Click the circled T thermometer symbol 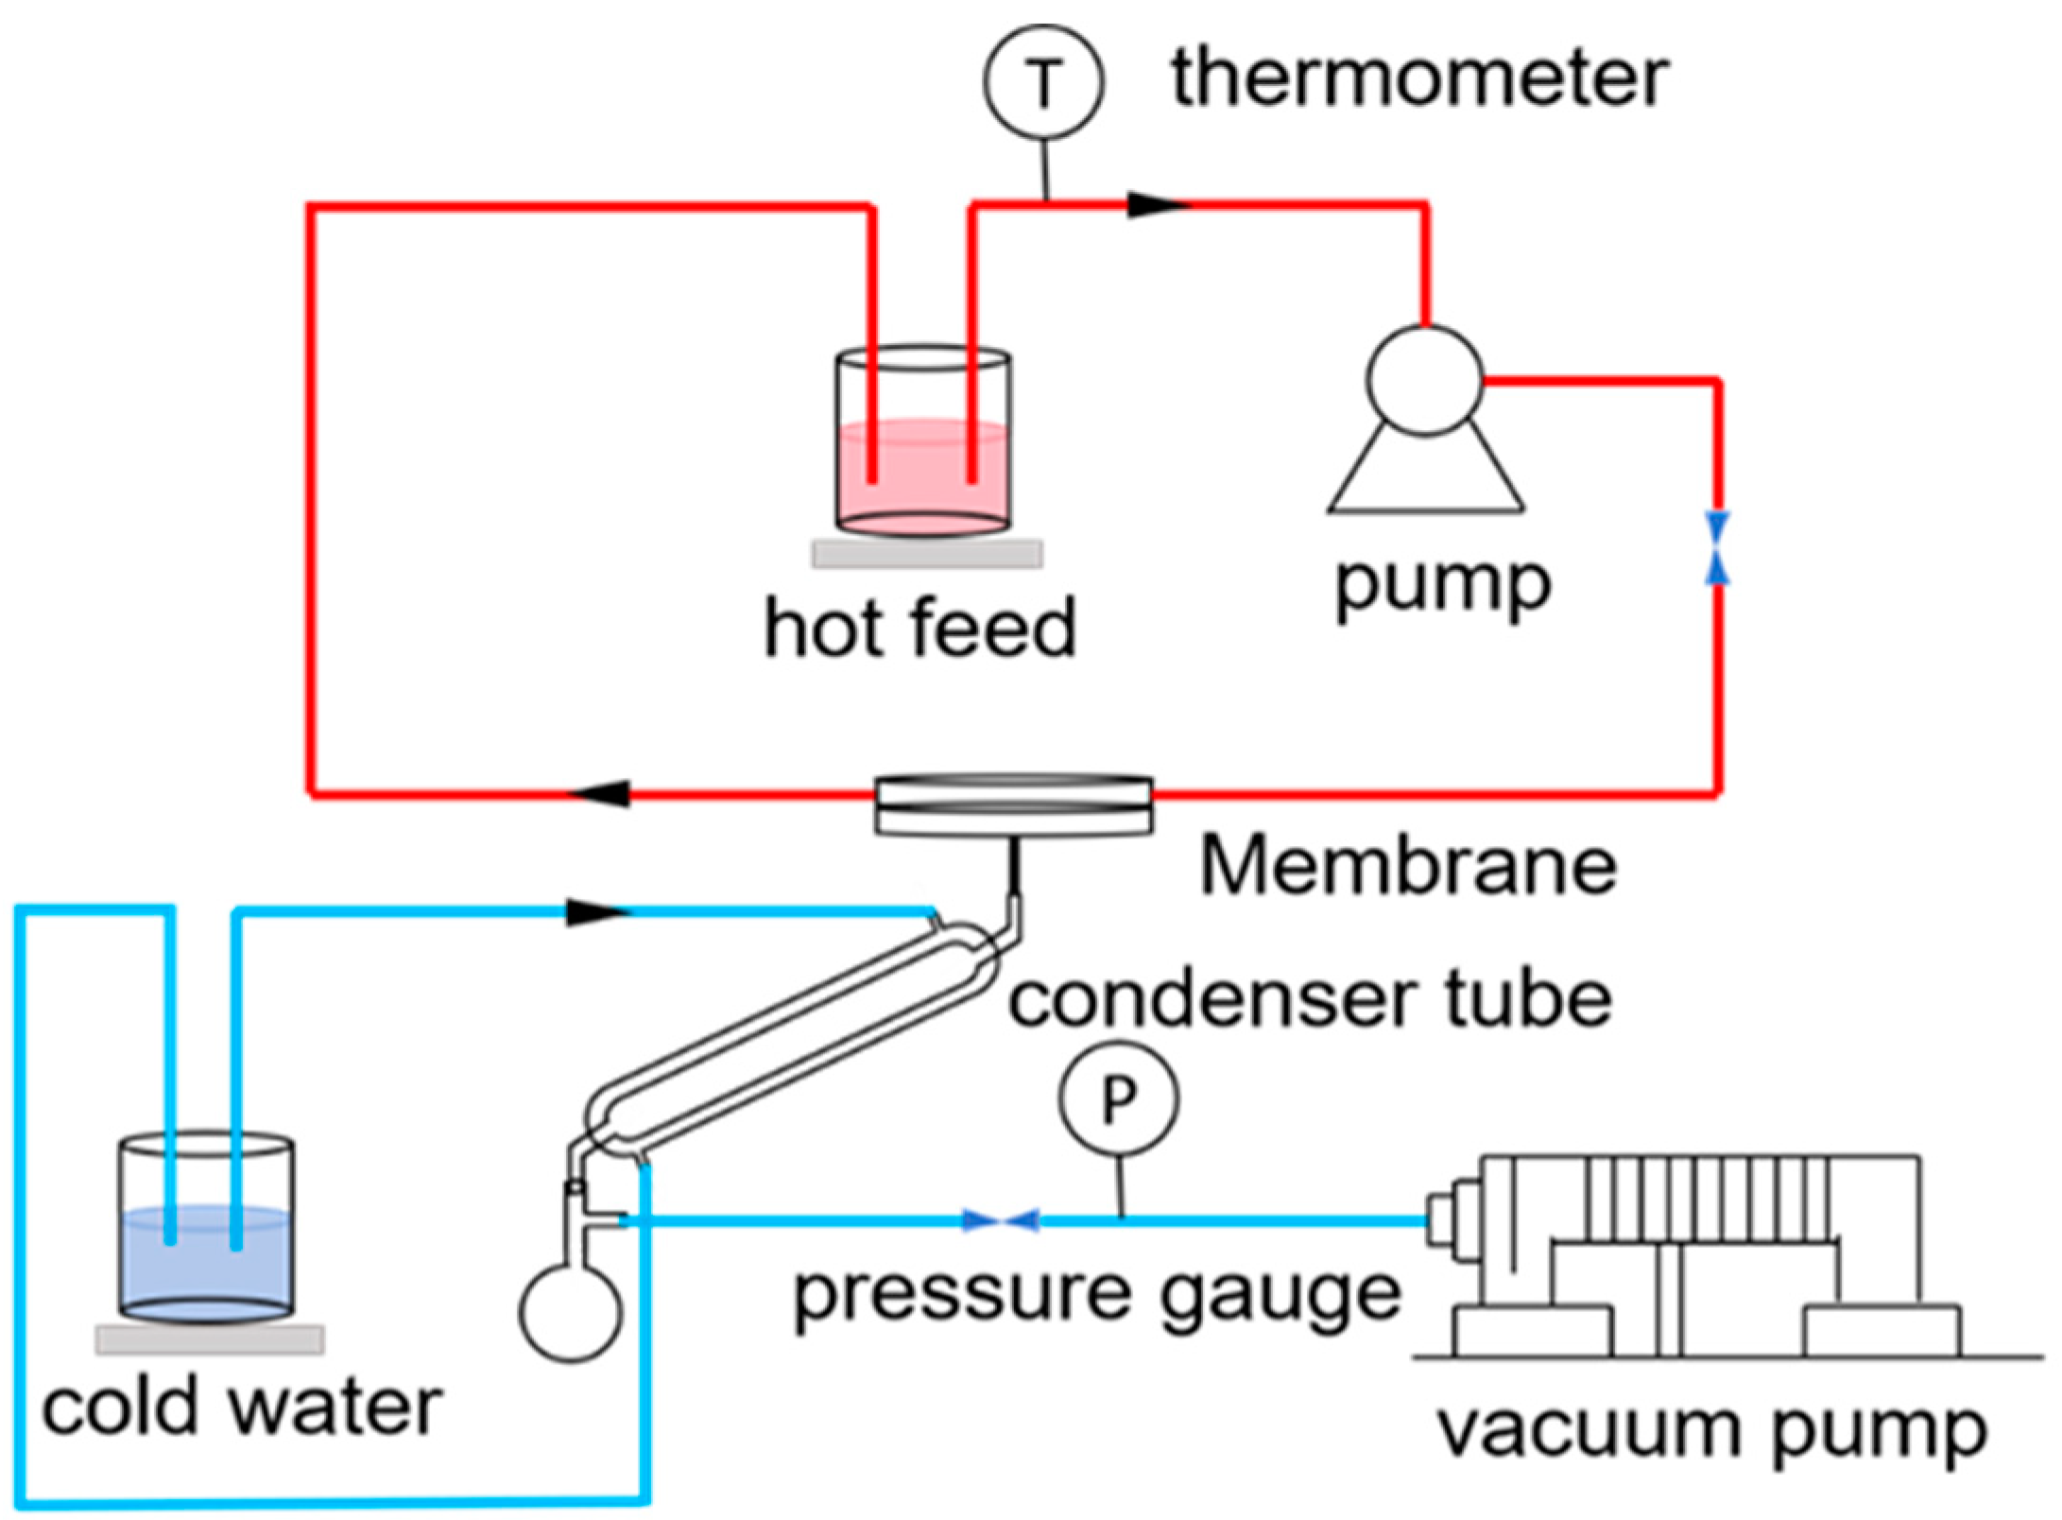point(1044,82)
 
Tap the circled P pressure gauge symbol point(1119,1098)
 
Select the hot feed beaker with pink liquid point(923,444)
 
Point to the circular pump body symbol point(1424,380)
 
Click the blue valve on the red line point(1717,548)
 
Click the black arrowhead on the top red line point(1155,204)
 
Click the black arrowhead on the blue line point(596,912)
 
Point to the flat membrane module point(1013,806)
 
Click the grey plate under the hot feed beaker point(927,554)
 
